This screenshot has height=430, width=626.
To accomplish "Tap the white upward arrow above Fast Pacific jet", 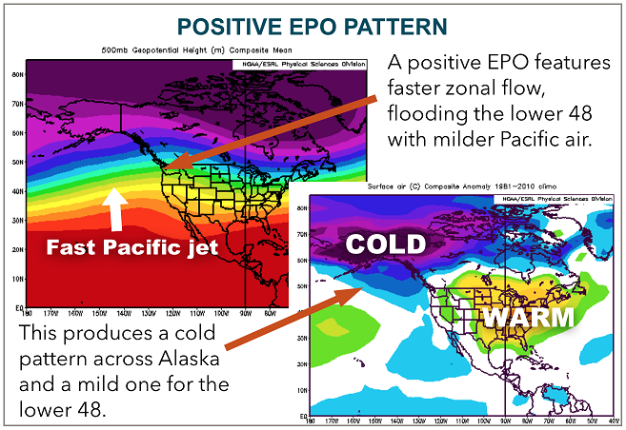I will [114, 207].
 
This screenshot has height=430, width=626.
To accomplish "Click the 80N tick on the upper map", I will [17, 72].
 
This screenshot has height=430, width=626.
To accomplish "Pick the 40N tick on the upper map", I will [17, 191].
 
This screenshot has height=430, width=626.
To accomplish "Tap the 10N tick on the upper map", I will [17, 280].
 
